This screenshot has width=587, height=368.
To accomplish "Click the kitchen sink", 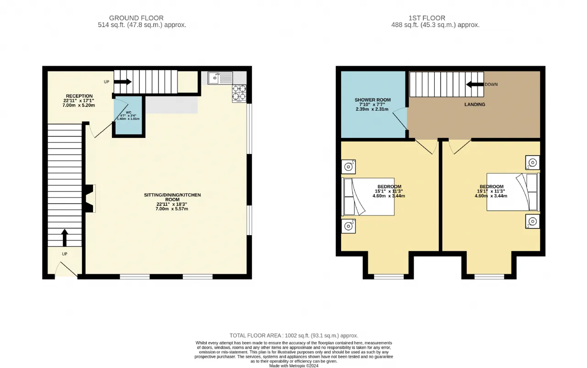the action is pyautogui.click(x=220, y=78).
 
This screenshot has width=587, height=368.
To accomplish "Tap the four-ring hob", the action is pyautogui.click(x=239, y=93).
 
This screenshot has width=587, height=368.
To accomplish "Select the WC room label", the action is pyautogui.click(x=128, y=113).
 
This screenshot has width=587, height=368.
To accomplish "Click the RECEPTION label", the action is pyautogui.click(x=79, y=96).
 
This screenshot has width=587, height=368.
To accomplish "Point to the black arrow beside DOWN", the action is pyautogui.click(x=475, y=85).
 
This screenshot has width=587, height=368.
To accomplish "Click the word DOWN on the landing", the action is pyautogui.click(x=491, y=85).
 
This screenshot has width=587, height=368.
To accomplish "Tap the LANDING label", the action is pyautogui.click(x=475, y=104).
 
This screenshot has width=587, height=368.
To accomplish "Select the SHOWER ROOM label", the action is pyautogui.click(x=372, y=100).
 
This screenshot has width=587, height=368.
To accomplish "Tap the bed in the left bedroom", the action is pyautogui.click(x=368, y=197).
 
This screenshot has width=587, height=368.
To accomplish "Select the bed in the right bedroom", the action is pyautogui.click(x=513, y=192).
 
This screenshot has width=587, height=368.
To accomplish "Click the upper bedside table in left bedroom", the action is pyautogui.click(x=348, y=167).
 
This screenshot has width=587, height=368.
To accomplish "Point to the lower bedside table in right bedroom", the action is pyautogui.click(x=532, y=221).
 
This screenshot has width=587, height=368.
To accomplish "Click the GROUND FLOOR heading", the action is pyautogui.click(x=136, y=18).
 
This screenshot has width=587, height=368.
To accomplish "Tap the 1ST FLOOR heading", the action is pyautogui.click(x=427, y=18).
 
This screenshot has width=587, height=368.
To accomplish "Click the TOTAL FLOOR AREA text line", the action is pyautogui.click(x=294, y=335).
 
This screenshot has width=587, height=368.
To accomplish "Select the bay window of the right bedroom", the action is pyautogui.click(x=489, y=277).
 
